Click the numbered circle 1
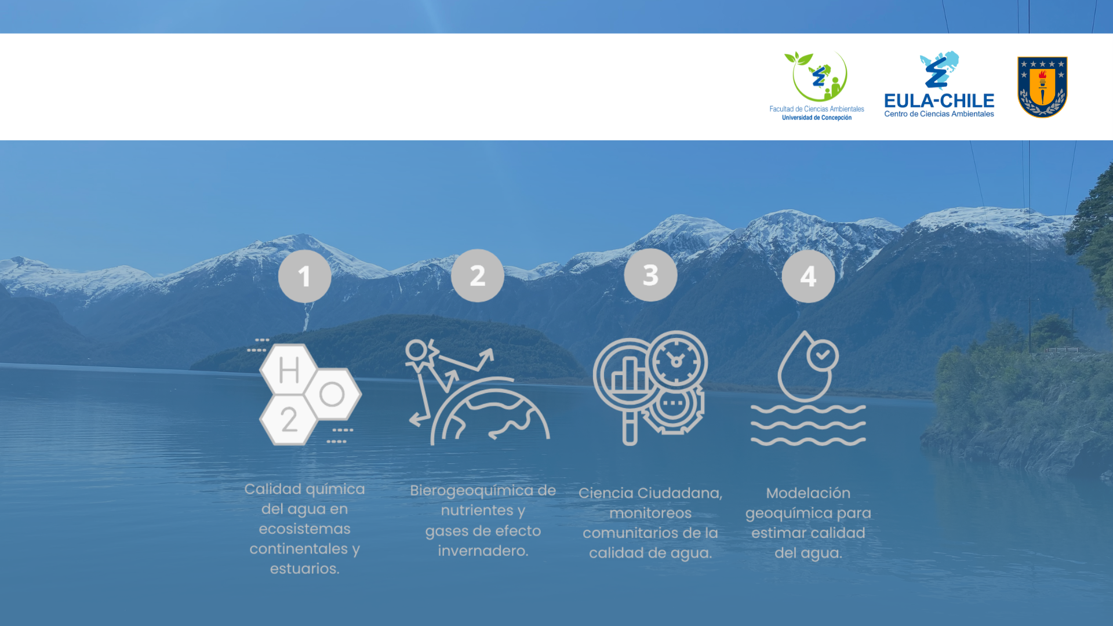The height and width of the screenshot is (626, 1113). (x=304, y=276)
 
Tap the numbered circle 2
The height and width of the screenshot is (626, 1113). (x=478, y=275)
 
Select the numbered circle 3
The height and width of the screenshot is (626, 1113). (x=650, y=275)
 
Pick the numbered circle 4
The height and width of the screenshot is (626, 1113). (x=808, y=276)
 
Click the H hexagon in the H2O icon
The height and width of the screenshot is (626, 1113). (x=289, y=370)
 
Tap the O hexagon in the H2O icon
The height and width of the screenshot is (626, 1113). (x=332, y=395)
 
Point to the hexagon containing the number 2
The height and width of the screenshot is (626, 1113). (x=289, y=420)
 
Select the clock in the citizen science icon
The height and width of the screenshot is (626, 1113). (x=676, y=362)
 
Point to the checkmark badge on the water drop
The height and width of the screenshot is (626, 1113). (x=822, y=355)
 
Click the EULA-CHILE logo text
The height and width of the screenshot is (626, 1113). (x=939, y=101)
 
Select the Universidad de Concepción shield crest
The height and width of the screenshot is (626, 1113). (x=1042, y=87)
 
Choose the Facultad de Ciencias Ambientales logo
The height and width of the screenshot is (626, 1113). (x=817, y=86)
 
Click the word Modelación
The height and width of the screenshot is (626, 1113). (x=808, y=493)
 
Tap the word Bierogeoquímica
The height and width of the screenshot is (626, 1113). (x=471, y=491)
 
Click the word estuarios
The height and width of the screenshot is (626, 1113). (x=304, y=569)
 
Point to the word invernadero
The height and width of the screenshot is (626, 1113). (x=483, y=551)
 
